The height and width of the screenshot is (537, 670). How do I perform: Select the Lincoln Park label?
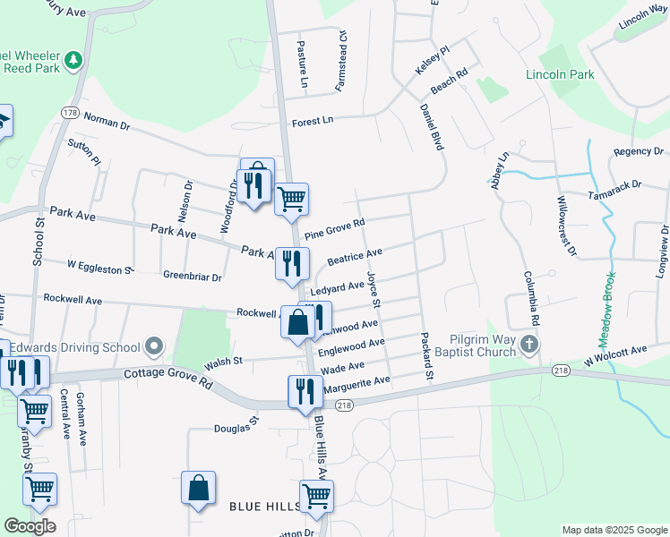tap(560, 74)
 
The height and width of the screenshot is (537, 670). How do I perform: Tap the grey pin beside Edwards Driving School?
tap(155, 345)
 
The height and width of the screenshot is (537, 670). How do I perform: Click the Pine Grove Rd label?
tap(334, 229)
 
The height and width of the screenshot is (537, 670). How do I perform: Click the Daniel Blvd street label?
tap(432, 125)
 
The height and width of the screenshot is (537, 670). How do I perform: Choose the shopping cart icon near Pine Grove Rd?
tap(291, 198)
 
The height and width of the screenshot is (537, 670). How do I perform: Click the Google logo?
tap(30, 525)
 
